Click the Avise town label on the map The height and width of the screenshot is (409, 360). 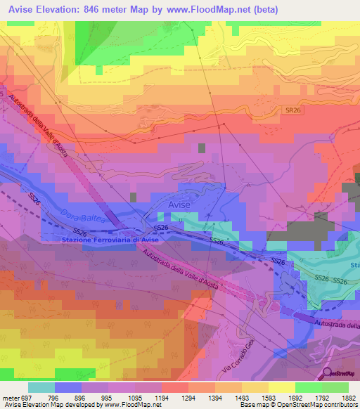180,204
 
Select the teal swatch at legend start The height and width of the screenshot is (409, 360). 41,387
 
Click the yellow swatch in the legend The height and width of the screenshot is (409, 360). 281,387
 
